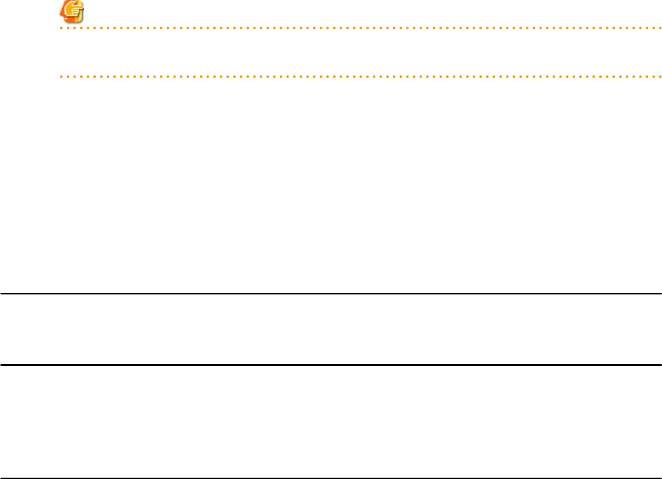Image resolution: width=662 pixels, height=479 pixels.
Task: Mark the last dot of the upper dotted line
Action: pyautogui.click(x=660, y=28)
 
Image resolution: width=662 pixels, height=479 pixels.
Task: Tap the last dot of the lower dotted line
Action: pyautogui.click(x=660, y=77)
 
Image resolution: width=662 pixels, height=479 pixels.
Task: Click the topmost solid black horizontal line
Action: pyautogui.click(x=331, y=294)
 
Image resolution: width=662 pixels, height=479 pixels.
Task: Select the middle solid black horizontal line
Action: pyautogui.click(x=331, y=364)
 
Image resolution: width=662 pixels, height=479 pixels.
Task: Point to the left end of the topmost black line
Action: pyautogui.click(x=1, y=294)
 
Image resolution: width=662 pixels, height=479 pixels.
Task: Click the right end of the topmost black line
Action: pyautogui.click(x=660, y=294)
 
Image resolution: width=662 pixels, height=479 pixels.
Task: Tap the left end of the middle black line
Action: pyautogui.click(x=1, y=364)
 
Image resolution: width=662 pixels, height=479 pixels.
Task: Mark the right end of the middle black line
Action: pyautogui.click(x=660, y=364)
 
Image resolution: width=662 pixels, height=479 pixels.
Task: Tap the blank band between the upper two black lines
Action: pyautogui.click(x=331, y=329)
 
